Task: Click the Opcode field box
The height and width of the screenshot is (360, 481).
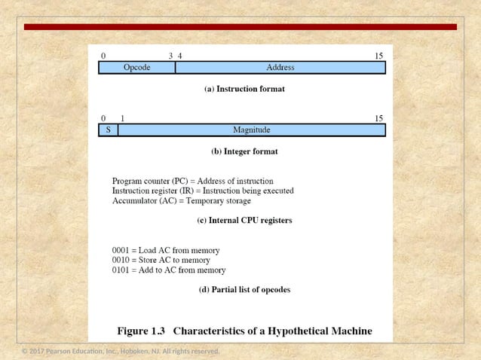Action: pos(137,68)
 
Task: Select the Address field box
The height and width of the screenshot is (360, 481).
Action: pos(280,68)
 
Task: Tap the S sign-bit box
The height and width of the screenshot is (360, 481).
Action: pos(109,130)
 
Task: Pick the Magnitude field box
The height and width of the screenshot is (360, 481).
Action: pos(252,130)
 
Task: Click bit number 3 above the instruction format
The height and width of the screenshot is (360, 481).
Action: pos(171,56)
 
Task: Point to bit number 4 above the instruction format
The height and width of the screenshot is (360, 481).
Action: pos(179,56)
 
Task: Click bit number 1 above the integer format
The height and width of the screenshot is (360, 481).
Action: pos(122,118)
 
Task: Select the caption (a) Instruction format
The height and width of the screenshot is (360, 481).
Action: pos(244,89)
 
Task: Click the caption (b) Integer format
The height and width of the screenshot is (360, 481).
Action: pos(244,151)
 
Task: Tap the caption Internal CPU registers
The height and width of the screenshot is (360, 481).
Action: pos(244,221)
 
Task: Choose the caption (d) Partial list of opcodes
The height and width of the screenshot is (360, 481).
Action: pos(244,289)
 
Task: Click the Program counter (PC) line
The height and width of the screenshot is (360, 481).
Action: pos(192,182)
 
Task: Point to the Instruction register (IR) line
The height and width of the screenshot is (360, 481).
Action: pos(203,191)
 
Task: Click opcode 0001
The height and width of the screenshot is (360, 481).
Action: pos(122,250)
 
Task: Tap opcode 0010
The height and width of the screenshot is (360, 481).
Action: pos(122,260)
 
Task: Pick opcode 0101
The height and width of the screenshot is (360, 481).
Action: pos(122,270)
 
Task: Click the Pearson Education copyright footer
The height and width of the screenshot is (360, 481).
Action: pos(121,352)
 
